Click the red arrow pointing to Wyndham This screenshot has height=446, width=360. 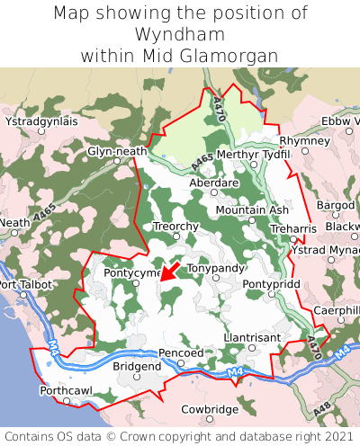click(171, 271)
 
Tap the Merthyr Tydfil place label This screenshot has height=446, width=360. click(255, 155)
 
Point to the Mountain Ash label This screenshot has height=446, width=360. click(252, 210)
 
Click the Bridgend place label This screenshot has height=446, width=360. click(137, 366)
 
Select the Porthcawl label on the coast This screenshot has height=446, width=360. click(66, 390)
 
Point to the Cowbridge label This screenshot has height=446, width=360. click(210, 409)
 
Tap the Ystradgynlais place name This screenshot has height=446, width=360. click(41, 120)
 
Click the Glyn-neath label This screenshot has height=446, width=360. click(117, 151)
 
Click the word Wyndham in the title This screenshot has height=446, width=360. click(180, 34)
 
